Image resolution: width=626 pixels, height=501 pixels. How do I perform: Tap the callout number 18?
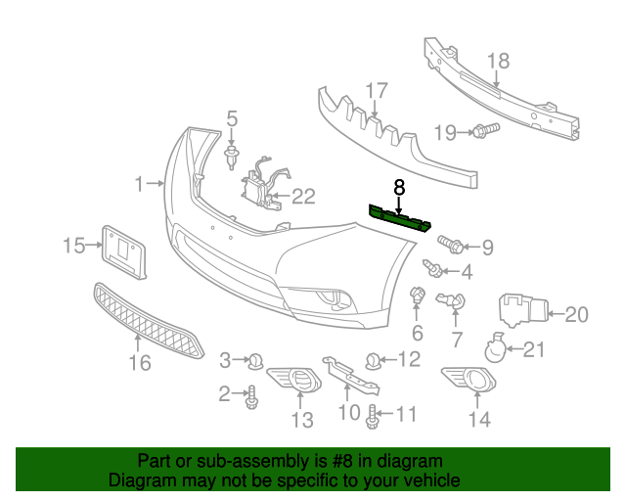498,61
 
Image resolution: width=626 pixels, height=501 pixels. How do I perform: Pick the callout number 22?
303,197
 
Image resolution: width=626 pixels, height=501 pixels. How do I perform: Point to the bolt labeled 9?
451,241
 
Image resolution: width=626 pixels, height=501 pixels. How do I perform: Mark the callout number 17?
378,93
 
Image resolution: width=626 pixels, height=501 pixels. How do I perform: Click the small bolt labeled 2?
252,395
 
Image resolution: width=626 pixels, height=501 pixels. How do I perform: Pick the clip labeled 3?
255,361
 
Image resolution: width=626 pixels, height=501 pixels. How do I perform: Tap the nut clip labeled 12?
374,361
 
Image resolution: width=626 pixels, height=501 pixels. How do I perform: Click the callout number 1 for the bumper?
140,183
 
